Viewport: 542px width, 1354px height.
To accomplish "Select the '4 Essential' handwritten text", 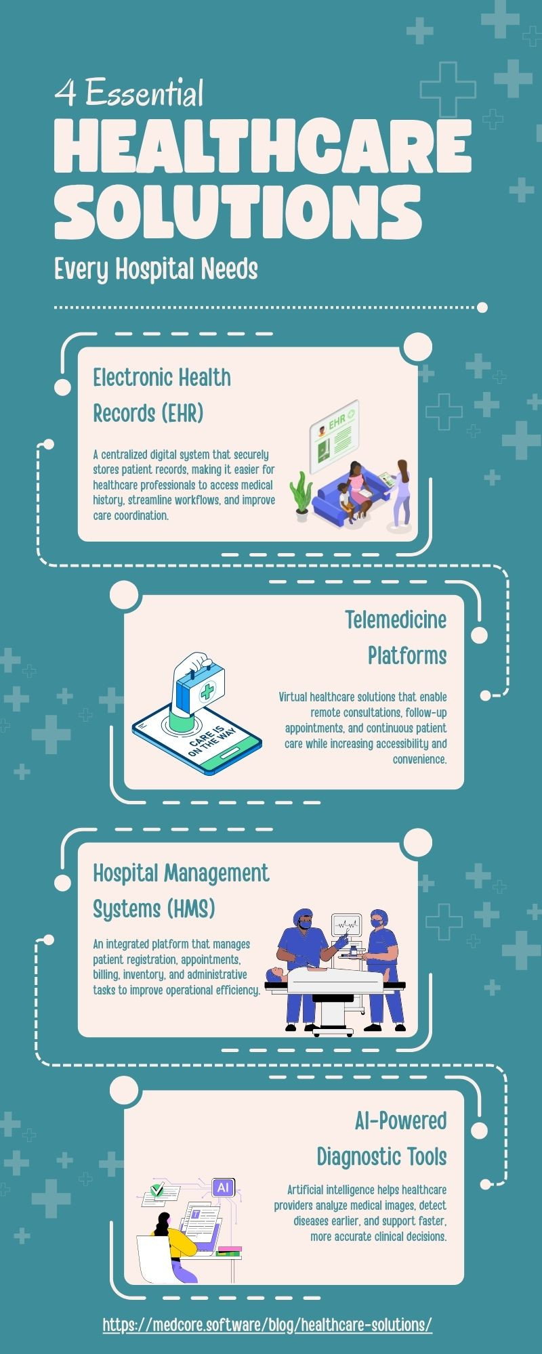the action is (x=129, y=93).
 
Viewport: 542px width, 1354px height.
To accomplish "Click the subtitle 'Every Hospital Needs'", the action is (x=156, y=269).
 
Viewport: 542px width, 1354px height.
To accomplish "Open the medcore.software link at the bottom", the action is (x=268, y=1324).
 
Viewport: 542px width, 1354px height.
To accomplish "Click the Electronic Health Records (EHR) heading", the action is (x=162, y=395).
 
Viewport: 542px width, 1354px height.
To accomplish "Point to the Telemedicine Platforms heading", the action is (x=396, y=637).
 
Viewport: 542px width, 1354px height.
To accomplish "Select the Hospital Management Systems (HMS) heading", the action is (x=181, y=890).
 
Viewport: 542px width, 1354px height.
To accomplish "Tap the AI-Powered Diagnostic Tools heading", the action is (x=381, y=1138).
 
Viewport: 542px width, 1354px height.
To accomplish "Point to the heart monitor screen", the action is (x=348, y=925).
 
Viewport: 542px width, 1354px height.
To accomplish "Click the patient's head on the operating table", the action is (x=274, y=975).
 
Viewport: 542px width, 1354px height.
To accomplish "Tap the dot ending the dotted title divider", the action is (x=482, y=307).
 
